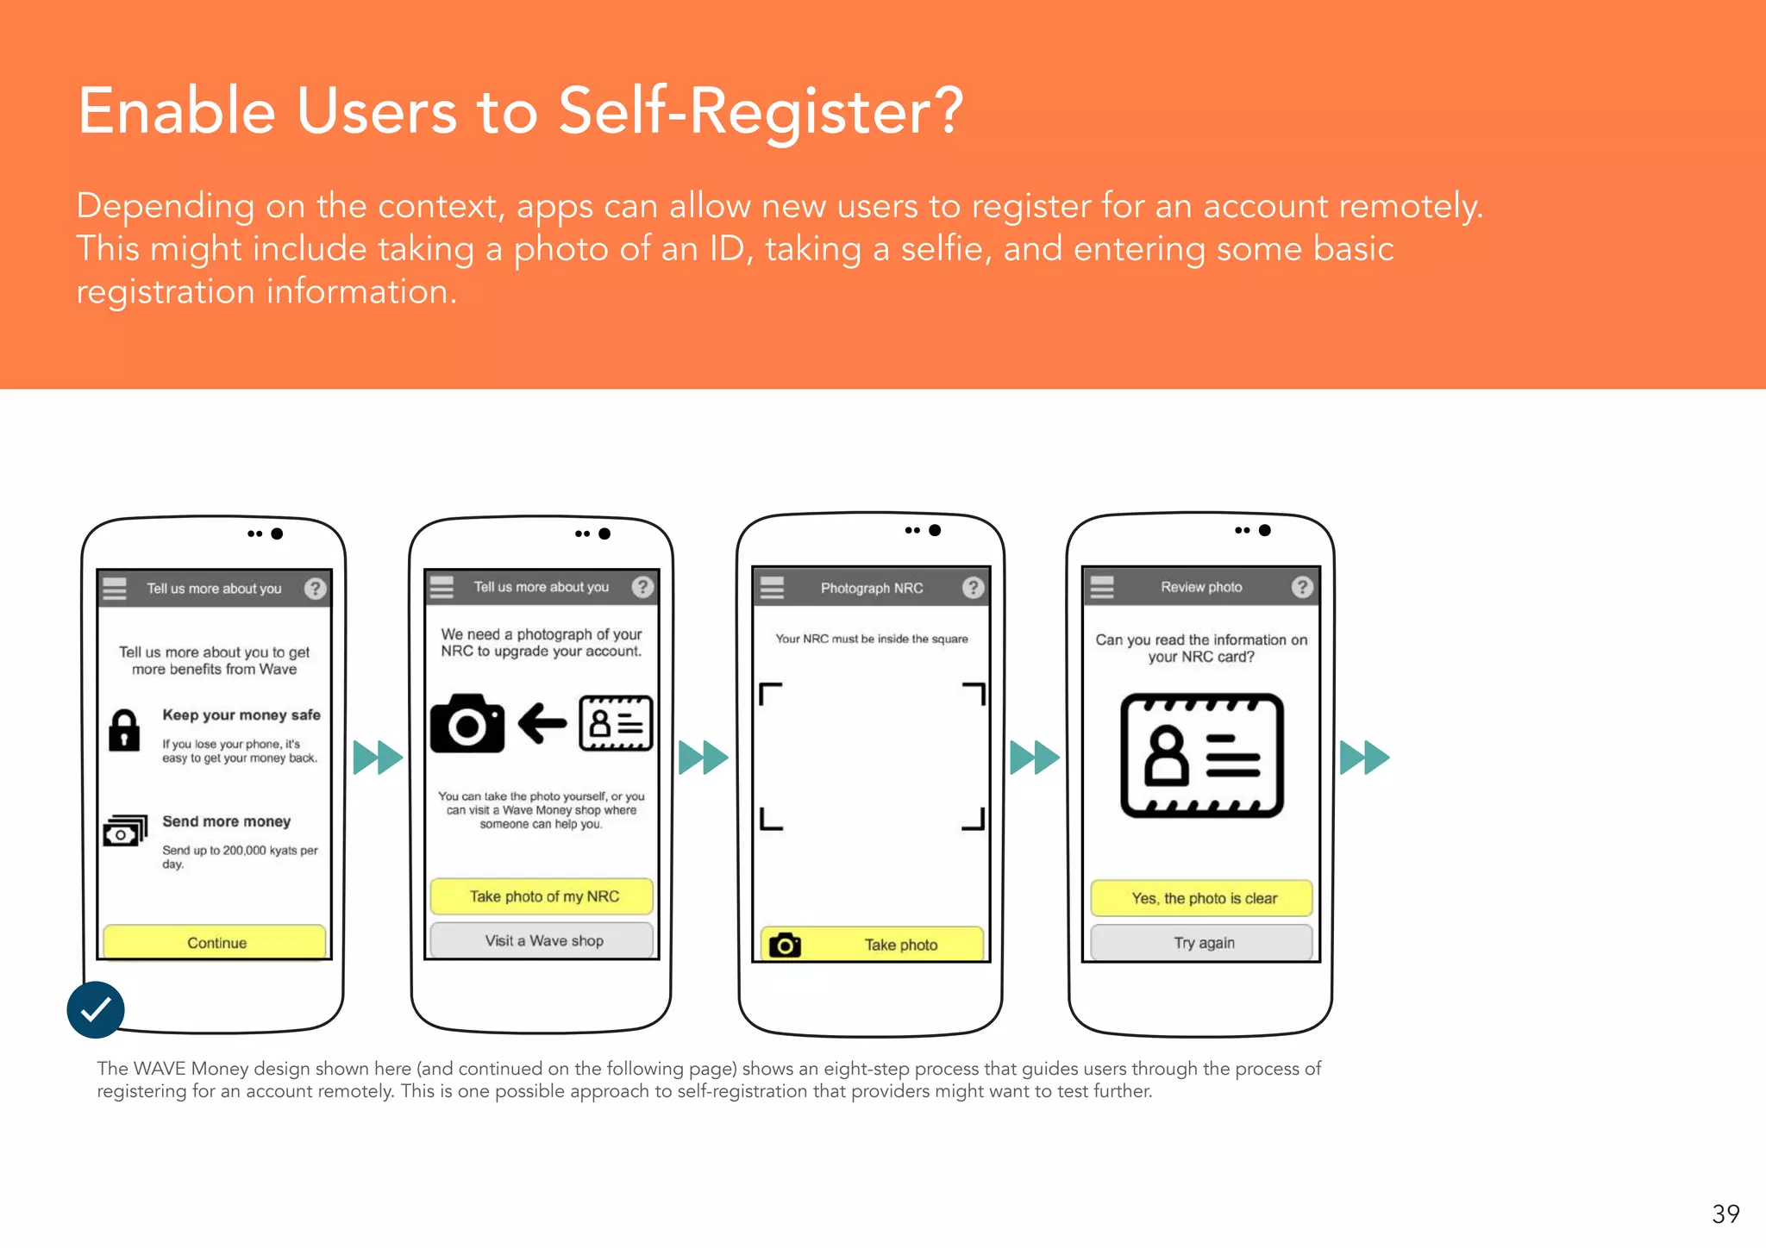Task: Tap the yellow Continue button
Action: click(x=215, y=942)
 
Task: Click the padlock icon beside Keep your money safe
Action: click(x=124, y=731)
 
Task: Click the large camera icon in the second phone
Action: click(x=467, y=724)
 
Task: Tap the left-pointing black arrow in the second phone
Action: click(x=542, y=723)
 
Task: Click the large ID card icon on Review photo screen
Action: click(x=1201, y=755)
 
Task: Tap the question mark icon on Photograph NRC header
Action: click(x=973, y=588)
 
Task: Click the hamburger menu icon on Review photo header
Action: click(x=1101, y=587)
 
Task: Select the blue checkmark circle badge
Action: click(x=96, y=1009)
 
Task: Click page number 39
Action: click(x=1725, y=1214)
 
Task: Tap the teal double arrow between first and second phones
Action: click(x=378, y=758)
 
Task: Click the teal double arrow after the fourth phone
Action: click(x=1364, y=758)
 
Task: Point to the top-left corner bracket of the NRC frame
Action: click(x=769, y=693)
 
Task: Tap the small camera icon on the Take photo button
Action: click(x=785, y=945)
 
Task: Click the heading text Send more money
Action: click(x=226, y=821)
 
